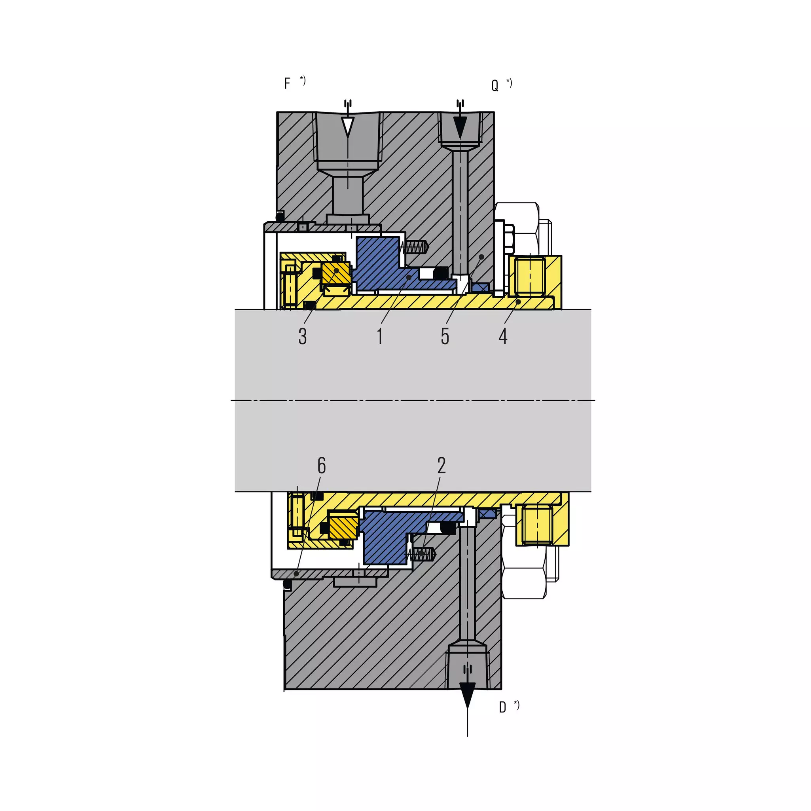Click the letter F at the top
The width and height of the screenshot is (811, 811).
[287, 83]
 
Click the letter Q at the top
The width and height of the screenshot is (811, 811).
[495, 85]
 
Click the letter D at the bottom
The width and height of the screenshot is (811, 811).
[502, 707]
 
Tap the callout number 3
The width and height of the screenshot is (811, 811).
[303, 336]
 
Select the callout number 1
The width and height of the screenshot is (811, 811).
[380, 336]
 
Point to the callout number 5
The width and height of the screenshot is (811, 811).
[445, 336]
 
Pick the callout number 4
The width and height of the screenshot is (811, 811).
[503, 336]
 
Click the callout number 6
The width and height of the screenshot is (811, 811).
[322, 465]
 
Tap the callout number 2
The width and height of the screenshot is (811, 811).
[441, 465]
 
